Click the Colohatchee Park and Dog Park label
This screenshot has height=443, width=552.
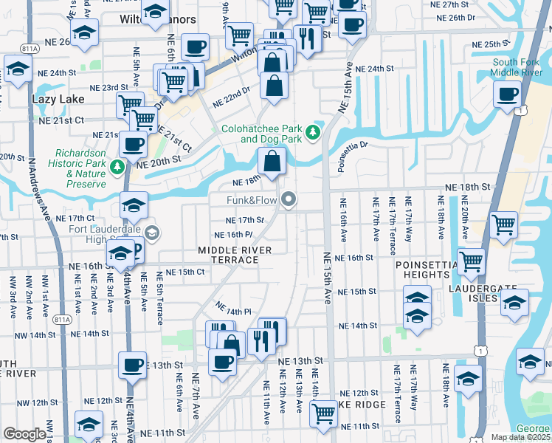click(262, 133)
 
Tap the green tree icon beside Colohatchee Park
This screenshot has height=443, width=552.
click(314, 132)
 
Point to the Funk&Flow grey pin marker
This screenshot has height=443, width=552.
click(289, 199)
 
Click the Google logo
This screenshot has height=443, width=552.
click(24, 434)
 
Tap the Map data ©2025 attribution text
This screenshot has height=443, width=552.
click(521, 437)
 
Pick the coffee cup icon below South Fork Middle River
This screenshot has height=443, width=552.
click(508, 95)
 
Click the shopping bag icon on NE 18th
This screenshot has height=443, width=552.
click(272, 159)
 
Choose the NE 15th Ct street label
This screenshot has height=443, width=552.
click(184, 272)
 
